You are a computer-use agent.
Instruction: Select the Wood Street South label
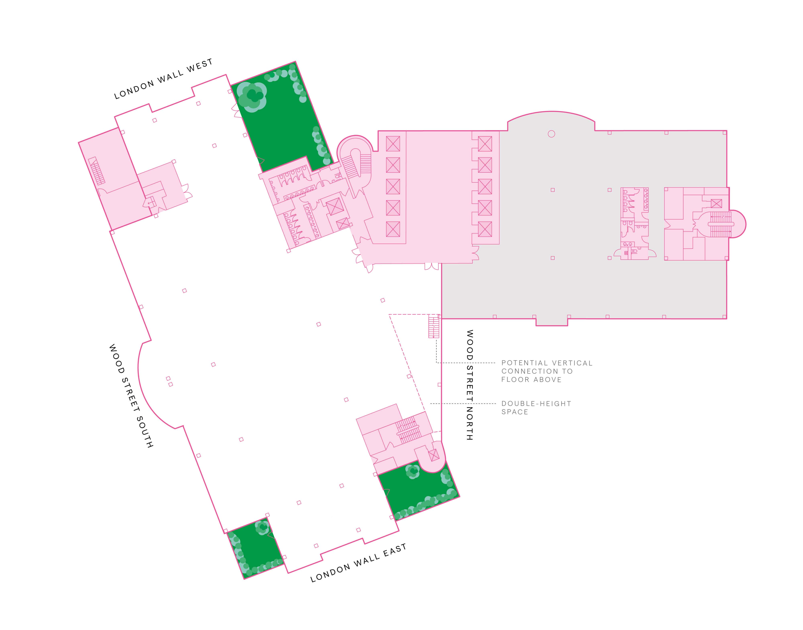(x=131, y=396)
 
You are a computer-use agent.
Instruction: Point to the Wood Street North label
(x=470, y=385)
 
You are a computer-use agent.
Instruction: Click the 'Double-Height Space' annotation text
(x=536, y=408)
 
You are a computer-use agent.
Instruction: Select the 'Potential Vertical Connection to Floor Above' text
(x=547, y=371)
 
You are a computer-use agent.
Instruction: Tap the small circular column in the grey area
(x=551, y=134)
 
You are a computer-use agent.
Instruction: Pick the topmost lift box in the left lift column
(x=393, y=143)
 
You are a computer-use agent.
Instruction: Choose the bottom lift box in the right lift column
(x=485, y=229)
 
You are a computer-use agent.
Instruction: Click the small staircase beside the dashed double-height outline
(x=434, y=326)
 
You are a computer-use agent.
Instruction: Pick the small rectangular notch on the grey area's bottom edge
(x=552, y=322)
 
